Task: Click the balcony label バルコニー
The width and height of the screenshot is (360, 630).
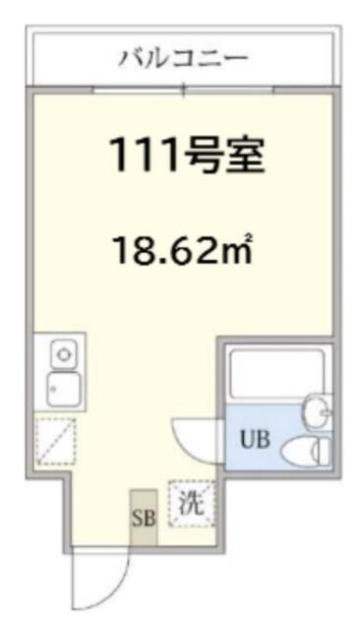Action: pos(183,59)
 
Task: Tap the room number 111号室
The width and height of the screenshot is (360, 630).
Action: pos(186,155)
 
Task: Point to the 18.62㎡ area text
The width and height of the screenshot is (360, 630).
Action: pos(184,249)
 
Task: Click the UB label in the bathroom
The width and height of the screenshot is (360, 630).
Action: pos(255,439)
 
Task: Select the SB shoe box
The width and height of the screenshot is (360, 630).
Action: pos(144,518)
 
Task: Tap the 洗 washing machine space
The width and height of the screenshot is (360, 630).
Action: pos(192,504)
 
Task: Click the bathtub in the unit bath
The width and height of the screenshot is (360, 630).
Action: pos(276,374)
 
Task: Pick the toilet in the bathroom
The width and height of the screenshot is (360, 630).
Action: pos(306,451)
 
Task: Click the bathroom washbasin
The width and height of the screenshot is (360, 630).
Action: pos(318,410)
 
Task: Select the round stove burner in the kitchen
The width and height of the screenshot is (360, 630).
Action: pos(63,354)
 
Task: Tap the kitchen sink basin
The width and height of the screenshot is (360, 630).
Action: pos(63,389)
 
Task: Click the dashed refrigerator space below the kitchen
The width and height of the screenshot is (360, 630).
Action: pos(55,441)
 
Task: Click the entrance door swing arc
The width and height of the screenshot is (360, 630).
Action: pos(116,589)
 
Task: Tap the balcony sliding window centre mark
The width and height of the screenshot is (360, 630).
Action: pos(184,89)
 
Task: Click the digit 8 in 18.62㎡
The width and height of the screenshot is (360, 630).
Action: pos(144,251)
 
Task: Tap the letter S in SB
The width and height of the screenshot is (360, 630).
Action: pos(138,519)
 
